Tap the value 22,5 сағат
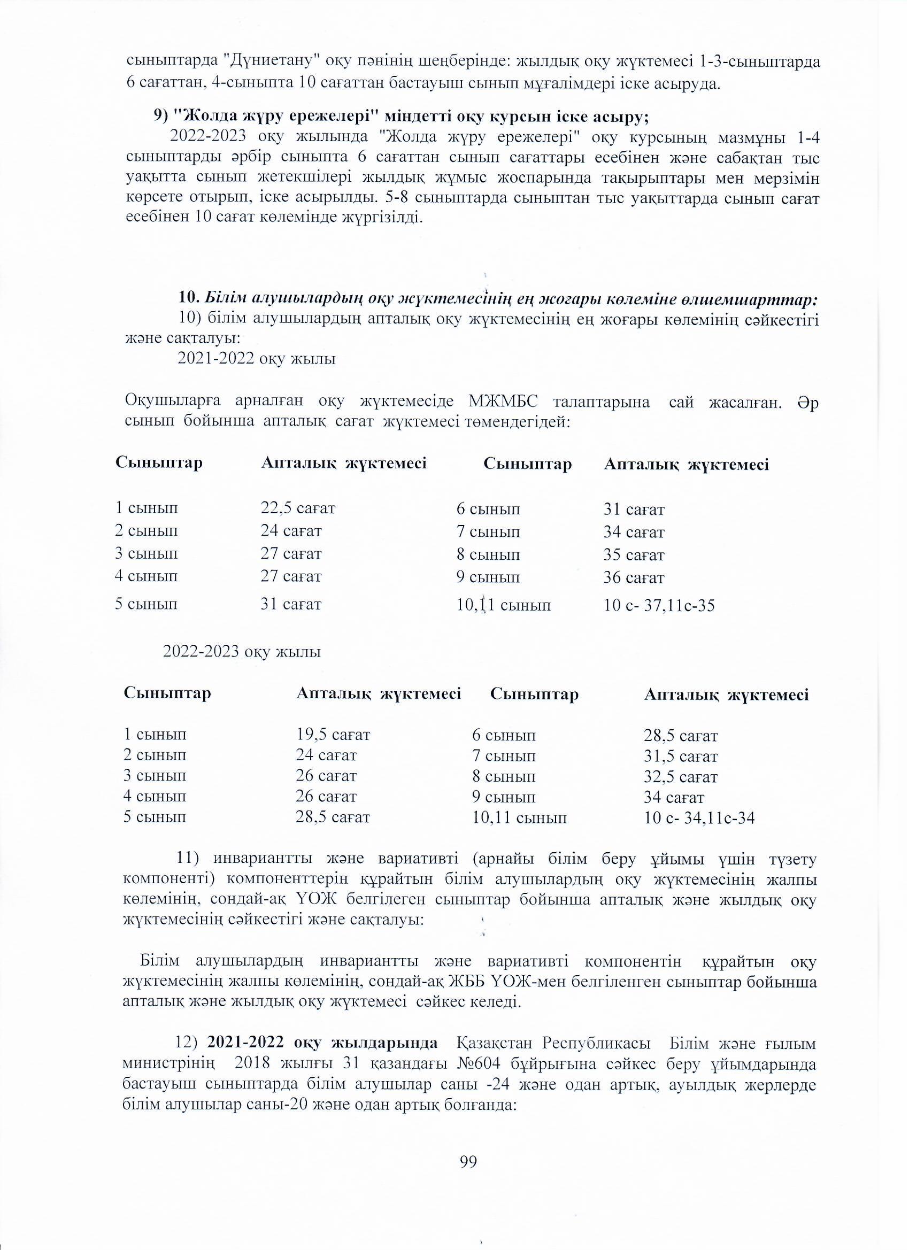click(x=298, y=507)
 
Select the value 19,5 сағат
click(x=333, y=735)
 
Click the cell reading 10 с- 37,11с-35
click(x=659, y=606)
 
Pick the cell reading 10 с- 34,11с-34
click(x=699, y=817)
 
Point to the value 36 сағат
click(x=634, y=578)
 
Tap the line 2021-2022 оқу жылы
click(x=256, y=359)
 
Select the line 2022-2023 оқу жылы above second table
click(x=242, y=651)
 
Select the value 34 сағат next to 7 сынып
click(x=634, y=533)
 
